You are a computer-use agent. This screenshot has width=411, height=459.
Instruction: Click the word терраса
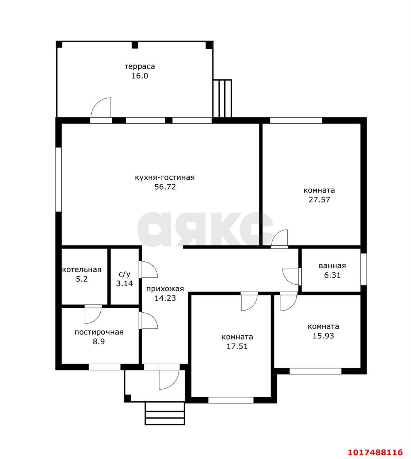point(140,67)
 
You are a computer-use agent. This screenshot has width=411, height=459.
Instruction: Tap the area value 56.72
point(165,187)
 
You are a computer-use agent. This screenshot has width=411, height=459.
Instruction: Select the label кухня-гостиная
point(165,177)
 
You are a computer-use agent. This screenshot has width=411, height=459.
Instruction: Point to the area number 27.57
point(319,200)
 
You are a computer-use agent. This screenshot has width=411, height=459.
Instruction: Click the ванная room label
point(332,266)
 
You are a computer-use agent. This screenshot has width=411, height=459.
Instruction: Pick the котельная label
point(82,270)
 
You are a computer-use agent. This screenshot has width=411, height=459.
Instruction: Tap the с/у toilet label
point(124,274)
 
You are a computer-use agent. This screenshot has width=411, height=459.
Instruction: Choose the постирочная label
point(99,332)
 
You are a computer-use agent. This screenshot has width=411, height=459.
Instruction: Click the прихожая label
point(165,289)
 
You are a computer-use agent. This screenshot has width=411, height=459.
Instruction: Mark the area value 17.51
point(237,346)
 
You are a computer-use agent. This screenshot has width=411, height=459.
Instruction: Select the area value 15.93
point(323,336)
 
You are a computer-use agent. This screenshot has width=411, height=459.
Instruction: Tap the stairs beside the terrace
point(223,98)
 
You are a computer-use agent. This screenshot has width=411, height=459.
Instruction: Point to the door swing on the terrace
point(101,107)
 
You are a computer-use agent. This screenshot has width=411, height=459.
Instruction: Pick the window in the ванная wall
point(363,269)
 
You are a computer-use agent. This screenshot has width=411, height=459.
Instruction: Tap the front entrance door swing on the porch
point(169,380)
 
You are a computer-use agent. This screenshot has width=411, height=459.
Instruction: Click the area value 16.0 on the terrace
point(140,76)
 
